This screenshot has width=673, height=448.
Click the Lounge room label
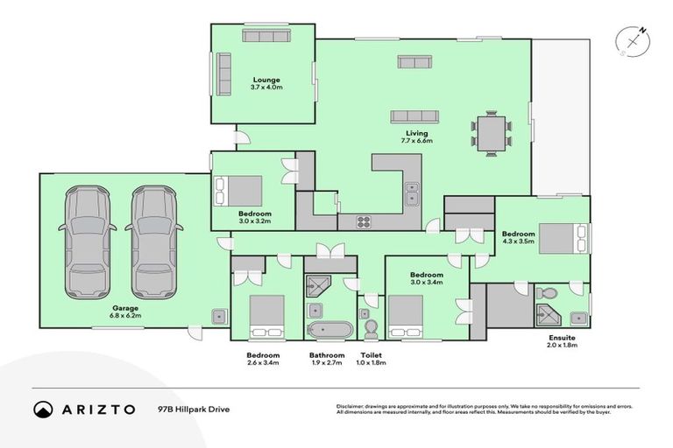click(x=266, y=83)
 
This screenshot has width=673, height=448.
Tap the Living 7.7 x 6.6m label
click(x=417, y=136)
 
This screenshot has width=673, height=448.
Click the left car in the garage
click(x=88, y=241)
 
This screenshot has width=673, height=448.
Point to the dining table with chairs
click(x=491, y=131)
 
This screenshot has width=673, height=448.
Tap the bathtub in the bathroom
click(x=330, y=331)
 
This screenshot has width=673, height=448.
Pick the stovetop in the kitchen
click(x=365, y=222)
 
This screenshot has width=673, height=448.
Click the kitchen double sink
click(x=410, y=192)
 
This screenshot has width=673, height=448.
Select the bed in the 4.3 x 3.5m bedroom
click(x=559, y=238)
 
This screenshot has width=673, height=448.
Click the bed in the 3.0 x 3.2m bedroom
click(x=238, y=190)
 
